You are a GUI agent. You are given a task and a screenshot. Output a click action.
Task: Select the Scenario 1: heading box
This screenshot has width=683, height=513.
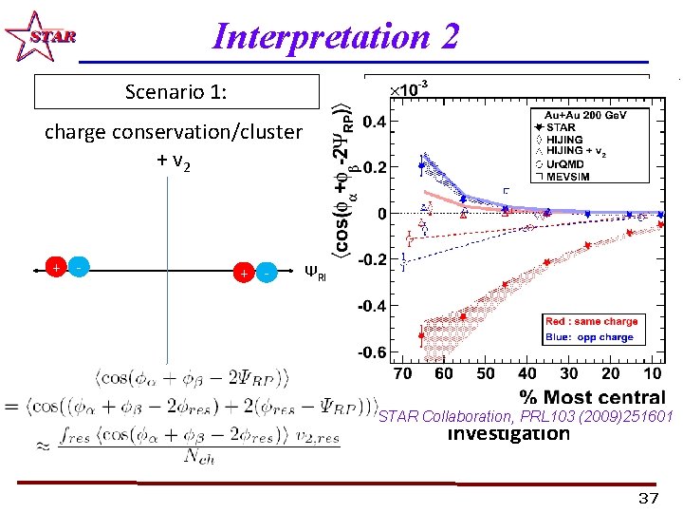coord(176,92)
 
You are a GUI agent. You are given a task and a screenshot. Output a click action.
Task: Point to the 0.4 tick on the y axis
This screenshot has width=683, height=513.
coord(374,122)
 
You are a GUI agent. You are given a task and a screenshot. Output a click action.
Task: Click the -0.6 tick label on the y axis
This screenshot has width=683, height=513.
coord(371,352)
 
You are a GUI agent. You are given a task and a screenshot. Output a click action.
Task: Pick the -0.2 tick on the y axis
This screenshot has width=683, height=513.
coord(371,259)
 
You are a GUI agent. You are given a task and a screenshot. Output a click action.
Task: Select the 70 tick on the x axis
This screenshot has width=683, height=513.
coord(403,374)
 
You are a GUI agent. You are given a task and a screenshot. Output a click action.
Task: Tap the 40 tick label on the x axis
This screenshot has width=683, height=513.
coord(527,374)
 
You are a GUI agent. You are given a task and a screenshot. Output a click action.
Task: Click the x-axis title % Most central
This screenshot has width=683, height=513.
coord(592,396)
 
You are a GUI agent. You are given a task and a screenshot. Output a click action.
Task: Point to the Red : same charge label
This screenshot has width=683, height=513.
coord(591,322)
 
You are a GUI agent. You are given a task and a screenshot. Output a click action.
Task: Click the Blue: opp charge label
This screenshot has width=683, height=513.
coord(589,336)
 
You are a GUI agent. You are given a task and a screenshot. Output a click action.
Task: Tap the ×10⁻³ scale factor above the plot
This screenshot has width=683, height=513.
coord(409,88)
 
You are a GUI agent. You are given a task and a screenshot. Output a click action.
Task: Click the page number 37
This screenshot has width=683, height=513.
coord(648,499)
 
